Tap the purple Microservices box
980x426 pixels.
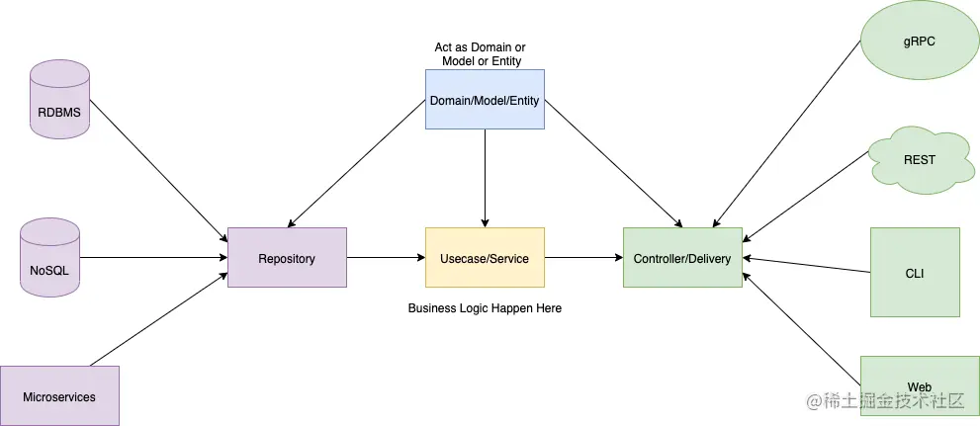[59, 396]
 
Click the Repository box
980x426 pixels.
[287, 258]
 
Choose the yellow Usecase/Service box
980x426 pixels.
[485, 258]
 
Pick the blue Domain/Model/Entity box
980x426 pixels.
[485, 100]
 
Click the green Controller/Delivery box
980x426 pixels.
[682, 258]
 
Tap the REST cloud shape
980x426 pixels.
[919, 159]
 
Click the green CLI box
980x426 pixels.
[915, 272]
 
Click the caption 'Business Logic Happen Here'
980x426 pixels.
[485, 308]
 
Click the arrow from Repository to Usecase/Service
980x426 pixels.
[386, 258]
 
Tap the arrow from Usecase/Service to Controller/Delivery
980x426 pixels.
[583, 258]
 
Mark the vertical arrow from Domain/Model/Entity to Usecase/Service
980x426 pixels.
[485, 178]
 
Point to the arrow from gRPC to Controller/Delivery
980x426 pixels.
[786, 133]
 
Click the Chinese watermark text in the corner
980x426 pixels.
[884, 401]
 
